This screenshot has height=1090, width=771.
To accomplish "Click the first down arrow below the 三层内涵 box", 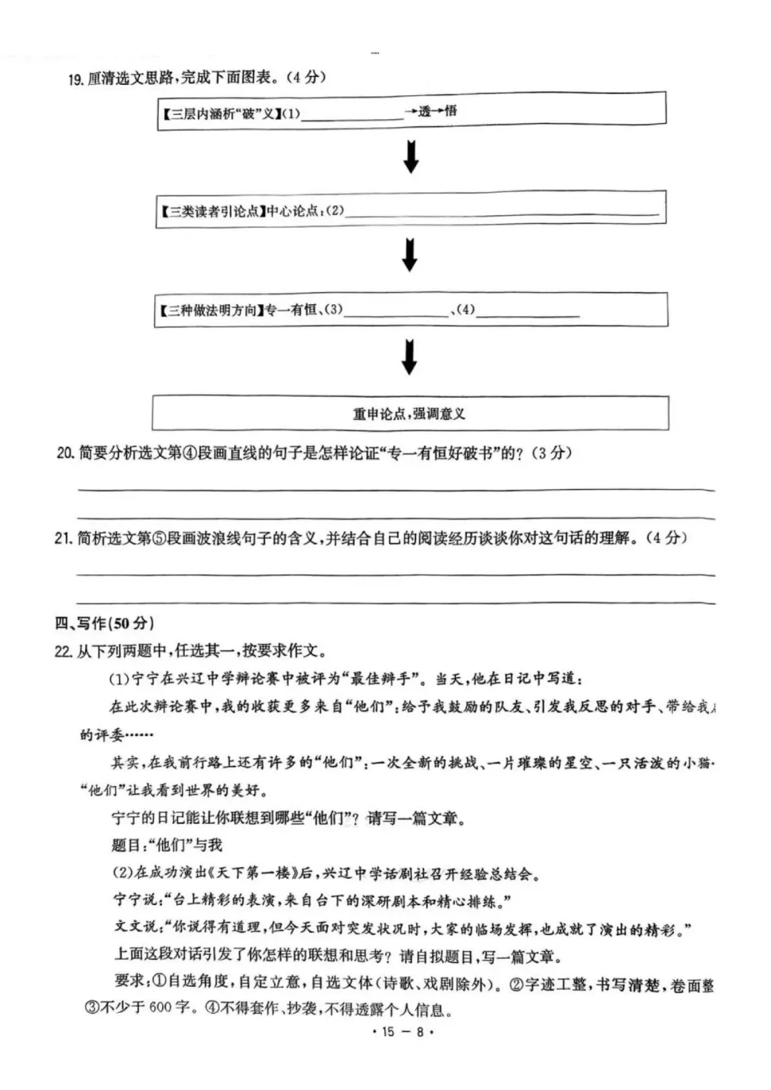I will [x=410, y=157].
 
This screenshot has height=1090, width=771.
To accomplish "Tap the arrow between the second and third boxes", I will [x=409, y=255].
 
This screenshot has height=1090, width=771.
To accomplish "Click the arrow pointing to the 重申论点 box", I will [x=409, y=357].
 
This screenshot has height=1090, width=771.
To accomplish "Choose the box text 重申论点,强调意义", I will [x=409, y=414].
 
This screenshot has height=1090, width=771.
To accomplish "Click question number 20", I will [x=65, y=453].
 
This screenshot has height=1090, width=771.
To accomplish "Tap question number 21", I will [x=64, y=538].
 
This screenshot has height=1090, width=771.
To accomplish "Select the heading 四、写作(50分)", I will [x=104, y=623].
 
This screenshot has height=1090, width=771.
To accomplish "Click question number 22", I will [x=64, y=651].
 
